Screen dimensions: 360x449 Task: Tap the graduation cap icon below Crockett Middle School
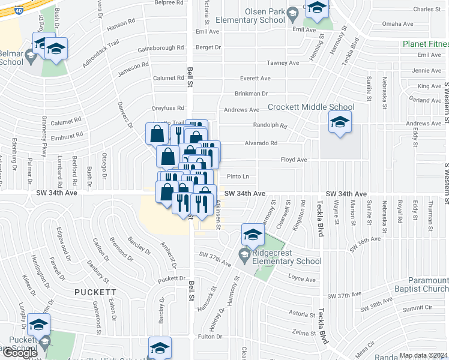click(340, 124)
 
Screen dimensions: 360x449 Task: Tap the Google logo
click(19, 353)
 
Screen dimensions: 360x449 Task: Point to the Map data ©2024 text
click(423, 355)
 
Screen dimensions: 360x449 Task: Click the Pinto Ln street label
click(238, 176)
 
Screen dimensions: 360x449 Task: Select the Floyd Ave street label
click(294, 160)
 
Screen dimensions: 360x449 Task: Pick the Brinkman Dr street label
click(251, 94)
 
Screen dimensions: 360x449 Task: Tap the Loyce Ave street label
click(301, 279)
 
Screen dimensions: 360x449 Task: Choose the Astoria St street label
click(298, 314)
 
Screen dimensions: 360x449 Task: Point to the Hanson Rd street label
click(121, 26)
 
